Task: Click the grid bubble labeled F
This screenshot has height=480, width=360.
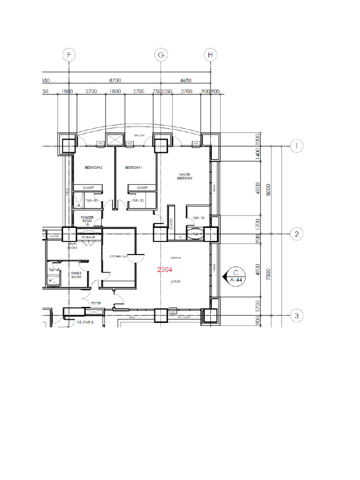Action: coord(69,55)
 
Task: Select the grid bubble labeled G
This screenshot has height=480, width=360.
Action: coord(161,55)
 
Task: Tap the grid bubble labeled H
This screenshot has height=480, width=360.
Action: coord(210,55)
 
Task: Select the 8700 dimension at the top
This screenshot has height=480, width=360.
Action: coord(114,81)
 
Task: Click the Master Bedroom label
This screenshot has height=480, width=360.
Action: coord(185,176)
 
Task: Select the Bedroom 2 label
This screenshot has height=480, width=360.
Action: coord(93,167)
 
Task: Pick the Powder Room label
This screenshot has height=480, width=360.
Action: coord(88,220)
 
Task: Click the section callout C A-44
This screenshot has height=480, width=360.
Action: coord(235,276)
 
